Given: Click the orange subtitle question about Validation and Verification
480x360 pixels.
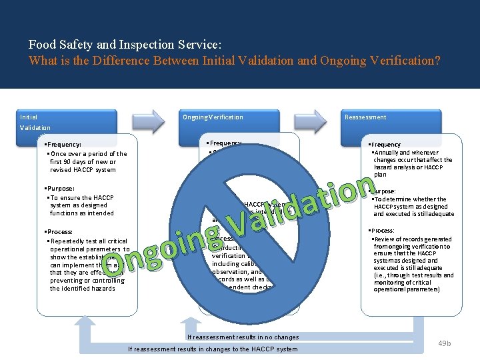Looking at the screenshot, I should (235, 60).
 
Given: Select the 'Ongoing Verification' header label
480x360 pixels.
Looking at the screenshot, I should (213, 117).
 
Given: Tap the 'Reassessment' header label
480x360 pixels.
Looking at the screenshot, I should (365, 117).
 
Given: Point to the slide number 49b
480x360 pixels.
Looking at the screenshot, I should (444, 343).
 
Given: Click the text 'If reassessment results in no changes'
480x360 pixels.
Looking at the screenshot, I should (243, 337).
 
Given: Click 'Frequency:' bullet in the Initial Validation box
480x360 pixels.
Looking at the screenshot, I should (63, 144).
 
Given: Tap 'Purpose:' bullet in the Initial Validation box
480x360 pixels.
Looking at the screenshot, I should (59, 189).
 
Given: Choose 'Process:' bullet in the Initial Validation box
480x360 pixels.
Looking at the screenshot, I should (59, 232).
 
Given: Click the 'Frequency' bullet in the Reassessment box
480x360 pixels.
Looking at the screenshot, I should (387, 145).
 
